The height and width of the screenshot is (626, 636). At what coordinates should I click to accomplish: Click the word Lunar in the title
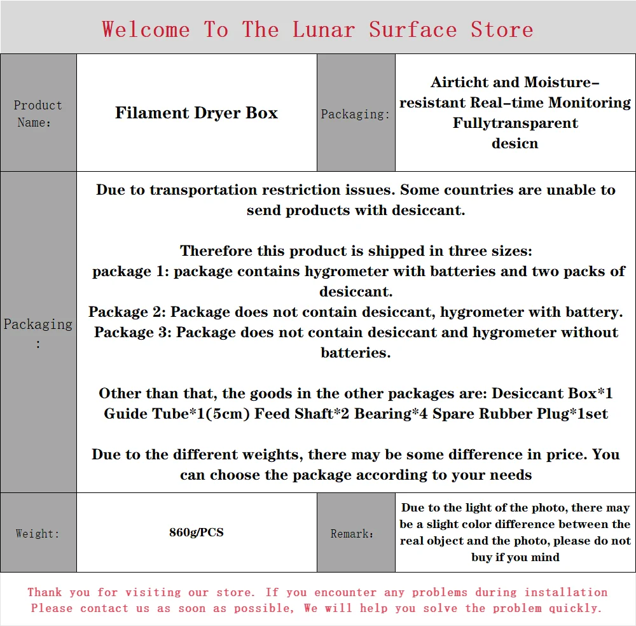click(x=324, y=29)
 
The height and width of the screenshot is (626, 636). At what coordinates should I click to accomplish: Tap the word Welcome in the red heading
click(x=146, y=29)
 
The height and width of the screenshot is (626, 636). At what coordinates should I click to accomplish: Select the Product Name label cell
click(x=38, y=113)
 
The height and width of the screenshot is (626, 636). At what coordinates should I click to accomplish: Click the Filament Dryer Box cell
click(x=197, y=113)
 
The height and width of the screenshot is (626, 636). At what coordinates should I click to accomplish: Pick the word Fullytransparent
click(x=515, y=123)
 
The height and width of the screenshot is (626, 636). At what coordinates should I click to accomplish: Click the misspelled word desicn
click(x=515, y=143)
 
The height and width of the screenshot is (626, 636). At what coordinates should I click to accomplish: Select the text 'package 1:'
click(x=130, y=271)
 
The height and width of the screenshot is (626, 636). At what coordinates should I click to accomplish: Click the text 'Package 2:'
click(x=127, y=312)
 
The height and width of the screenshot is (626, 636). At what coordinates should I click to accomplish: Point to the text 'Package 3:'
click(x=133, y=332)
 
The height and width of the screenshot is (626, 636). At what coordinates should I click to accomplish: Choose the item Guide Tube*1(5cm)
click(x=177, y=414)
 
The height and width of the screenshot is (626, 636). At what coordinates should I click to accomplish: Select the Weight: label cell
click(x=38, y=533)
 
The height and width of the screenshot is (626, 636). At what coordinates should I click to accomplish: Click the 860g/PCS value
click(x=197, y=532)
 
